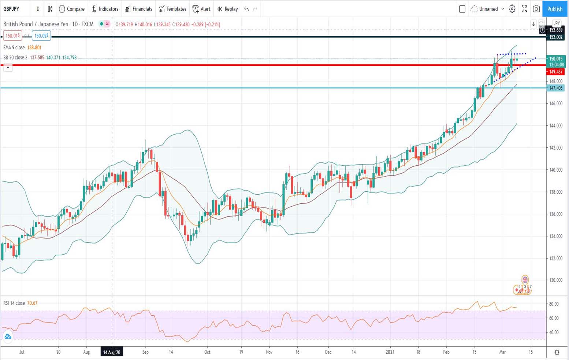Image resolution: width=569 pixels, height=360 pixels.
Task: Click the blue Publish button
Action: coord(555,9)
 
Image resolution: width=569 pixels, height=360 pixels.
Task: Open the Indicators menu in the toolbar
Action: coord(105,9)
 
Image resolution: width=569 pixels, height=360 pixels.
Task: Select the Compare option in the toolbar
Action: coord(72,9)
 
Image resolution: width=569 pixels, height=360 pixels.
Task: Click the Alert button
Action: coord(201,9)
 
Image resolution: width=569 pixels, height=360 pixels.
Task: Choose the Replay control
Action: coord(227,9)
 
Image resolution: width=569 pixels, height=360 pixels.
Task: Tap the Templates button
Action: coord(172,9)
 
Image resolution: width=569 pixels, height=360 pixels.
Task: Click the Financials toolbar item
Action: coord(138,9)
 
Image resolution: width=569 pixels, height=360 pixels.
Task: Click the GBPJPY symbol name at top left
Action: coord(11,9)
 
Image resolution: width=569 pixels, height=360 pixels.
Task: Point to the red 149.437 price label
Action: coord(555,72)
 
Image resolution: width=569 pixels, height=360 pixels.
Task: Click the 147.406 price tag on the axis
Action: coord(555,88)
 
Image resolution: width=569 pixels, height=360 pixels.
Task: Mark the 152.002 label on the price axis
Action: coord(555,37)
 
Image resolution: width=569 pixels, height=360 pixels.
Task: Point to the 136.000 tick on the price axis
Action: coord(555,214)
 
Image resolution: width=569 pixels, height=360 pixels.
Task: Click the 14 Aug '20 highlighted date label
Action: coord(112,352)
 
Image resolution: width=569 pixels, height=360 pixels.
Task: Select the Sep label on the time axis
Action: coord(145,352)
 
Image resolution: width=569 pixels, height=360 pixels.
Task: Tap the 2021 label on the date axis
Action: coord(390,352)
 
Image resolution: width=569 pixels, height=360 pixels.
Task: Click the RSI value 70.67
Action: coord(32,303)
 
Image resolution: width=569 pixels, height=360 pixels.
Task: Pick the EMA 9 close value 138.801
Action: coord(34,48)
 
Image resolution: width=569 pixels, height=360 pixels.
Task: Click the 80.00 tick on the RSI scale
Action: coord(554,304)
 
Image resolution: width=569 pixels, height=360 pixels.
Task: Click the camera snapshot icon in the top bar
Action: coord(536,9)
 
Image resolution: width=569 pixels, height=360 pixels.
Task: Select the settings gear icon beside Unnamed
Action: coord(512,9)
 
